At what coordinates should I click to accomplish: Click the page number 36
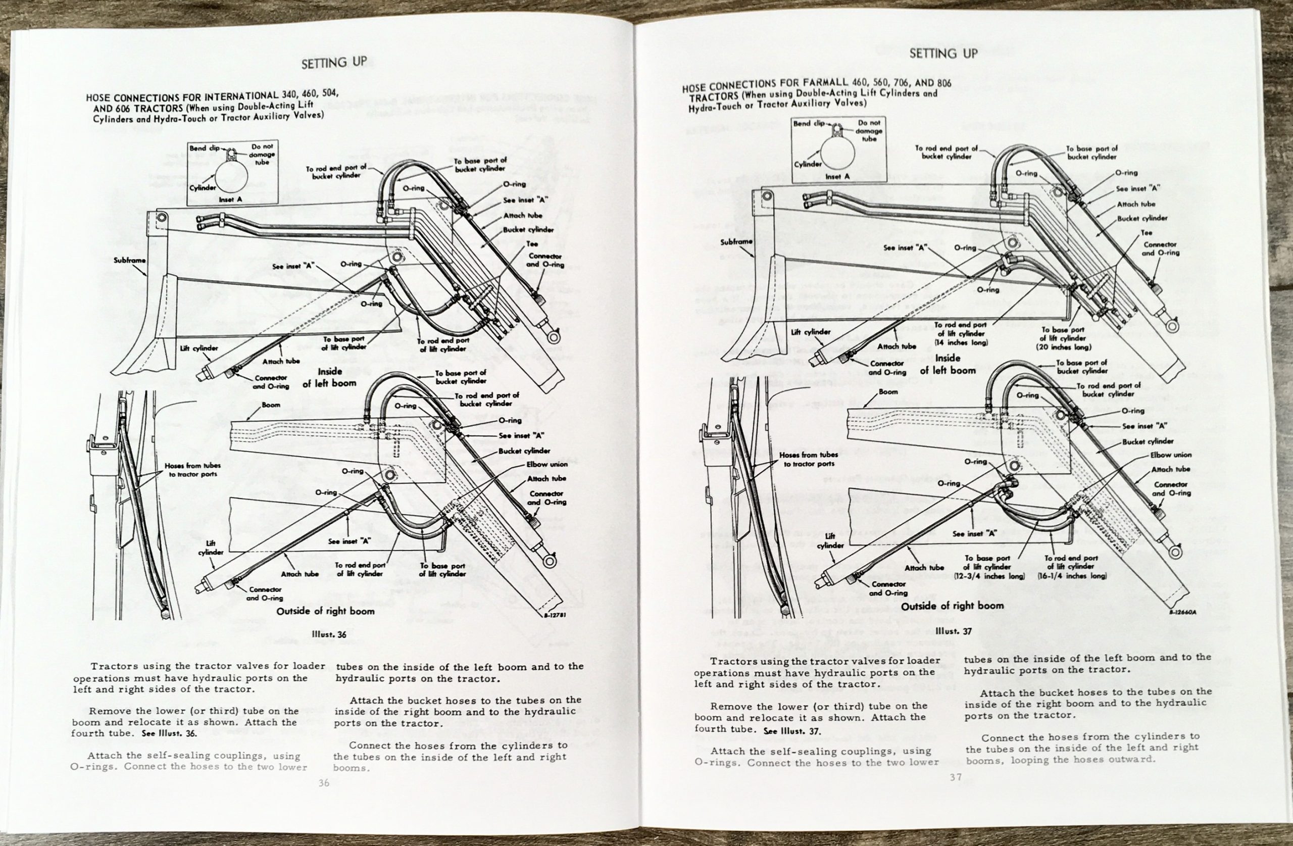click(324, 783)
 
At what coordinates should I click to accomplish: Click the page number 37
click(956, 777)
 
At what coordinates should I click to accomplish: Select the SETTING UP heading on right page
click(943, 53)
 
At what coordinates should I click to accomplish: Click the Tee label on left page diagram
click(532, 244)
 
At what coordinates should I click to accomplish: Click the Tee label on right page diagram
click(1147, 232)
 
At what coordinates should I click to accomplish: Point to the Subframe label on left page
click(129, 260)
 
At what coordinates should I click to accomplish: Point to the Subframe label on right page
click(736, 242)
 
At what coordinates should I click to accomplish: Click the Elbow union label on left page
click(546, 465)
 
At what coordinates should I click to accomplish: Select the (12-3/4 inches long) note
click(989, 575)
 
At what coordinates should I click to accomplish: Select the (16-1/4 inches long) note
click(1072, 575)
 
